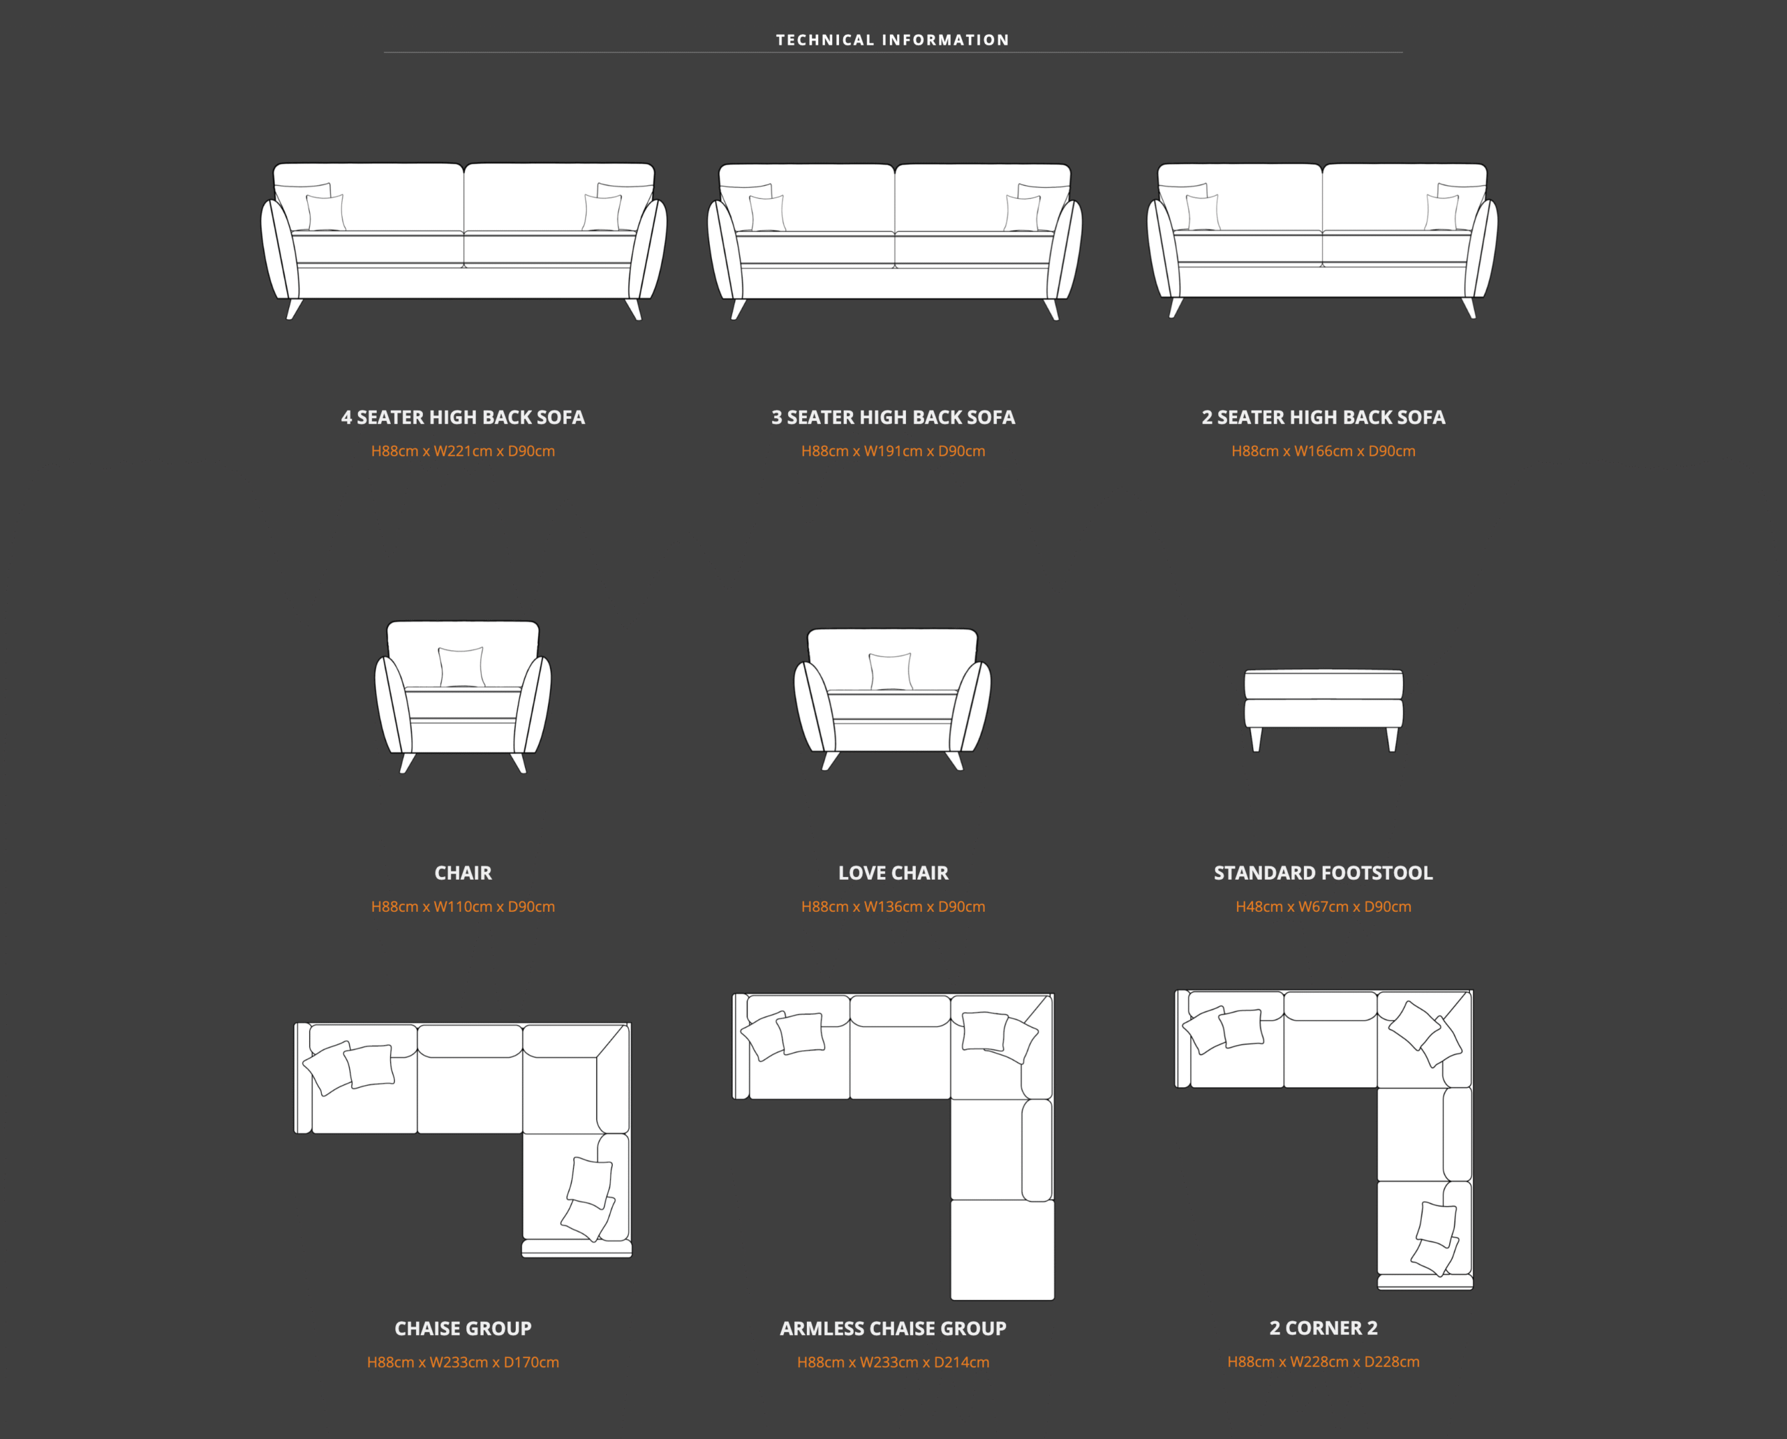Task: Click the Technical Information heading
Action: click(893, 40)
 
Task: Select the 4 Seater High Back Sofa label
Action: click(464, 417)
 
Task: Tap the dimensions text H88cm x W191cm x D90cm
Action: click(893, 451)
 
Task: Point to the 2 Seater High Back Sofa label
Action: click(1323, 417)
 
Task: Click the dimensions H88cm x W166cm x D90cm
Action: click(1323, 451)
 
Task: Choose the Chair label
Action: click(464, 873)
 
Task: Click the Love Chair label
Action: click(893, 873)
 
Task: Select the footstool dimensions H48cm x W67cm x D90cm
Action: click(1323, 907)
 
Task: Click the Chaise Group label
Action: click(464, 1328)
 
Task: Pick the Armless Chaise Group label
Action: click(893, 1328)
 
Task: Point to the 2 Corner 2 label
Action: click(1323, 1328)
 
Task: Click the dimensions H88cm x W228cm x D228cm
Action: click(1323, 1362)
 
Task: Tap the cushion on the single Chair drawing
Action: click(461, 667)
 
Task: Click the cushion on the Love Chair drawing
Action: click(891, 672)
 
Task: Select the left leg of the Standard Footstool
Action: click(1256, 739)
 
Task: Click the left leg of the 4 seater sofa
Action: click(295, 309)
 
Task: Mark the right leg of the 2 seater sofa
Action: click(1469, 307)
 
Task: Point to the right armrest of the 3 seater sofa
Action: click(1065, 249)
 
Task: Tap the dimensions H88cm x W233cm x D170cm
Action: click(464, 1362)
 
